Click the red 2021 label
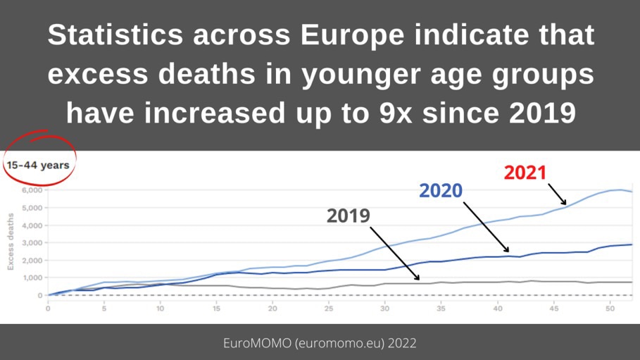pyautogui.click(x=525, y=173)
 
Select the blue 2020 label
pyautogui.click(x=441, y=190)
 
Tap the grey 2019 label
pyautogui.click(x=348, y=216)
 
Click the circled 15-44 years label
pyautogui.click(x=38, y=166)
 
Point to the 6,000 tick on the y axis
pyautogui.click(x=32, y=190)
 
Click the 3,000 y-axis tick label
pyautogui.click(x=32, y=243)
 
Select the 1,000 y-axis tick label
pyautogui.click(x=32, y=278)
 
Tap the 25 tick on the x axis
pyautogui.click(x=272, y=308)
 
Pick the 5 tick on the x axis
pyautogui.click(x=104, y=308)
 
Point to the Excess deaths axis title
pyautogui.click(x=11, y=242)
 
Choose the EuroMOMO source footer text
pyautogui.click(x=320, y=343)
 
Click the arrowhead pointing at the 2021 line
pyautogui.click(x=564, y=203)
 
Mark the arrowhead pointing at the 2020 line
pyautogui.click(x=506, y=251)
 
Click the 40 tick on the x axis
pyautogui.click(x=497, y=308)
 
